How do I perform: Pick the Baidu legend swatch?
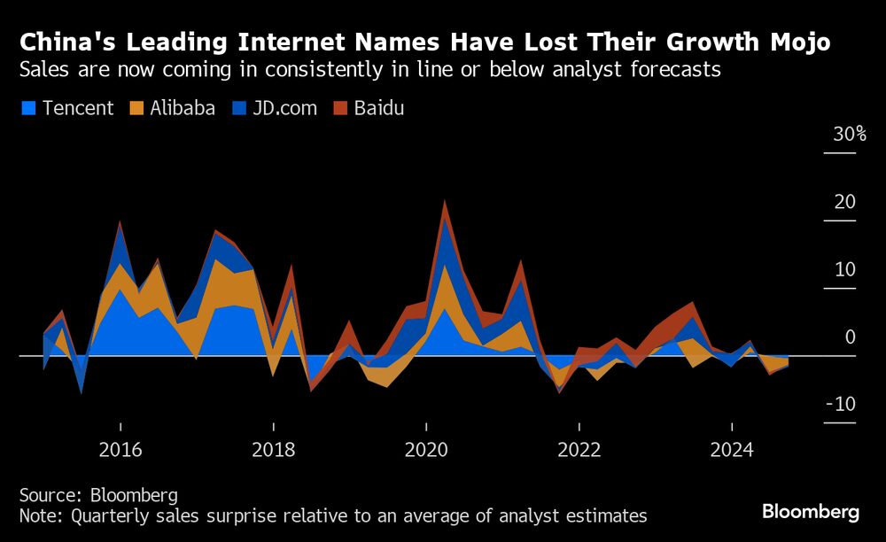tap(339, 109)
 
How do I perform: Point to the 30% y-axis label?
tap(849, 135)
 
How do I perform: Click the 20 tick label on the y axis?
tap(844, 202)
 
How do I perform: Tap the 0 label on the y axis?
tap(850, 337)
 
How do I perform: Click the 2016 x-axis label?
tap(120, 450)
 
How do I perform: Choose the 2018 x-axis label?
tap(273, 450)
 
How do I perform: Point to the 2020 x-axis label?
tap(425, 450)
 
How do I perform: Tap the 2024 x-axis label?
tap(731, 450)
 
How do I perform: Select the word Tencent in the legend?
tap(78, 109)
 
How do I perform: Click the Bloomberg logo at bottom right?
tap(811, 512)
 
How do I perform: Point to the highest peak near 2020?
tap(445, 202)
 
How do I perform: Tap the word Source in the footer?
tap(50, 494)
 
